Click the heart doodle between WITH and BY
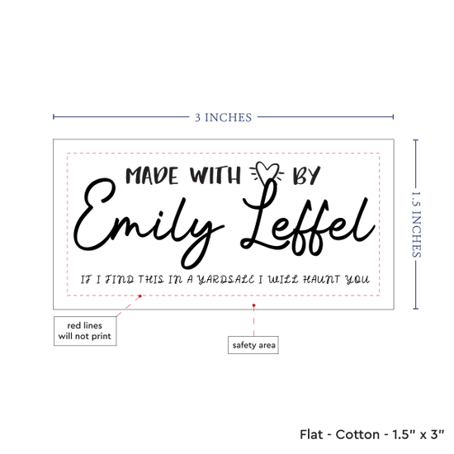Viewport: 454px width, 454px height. click(267, 173)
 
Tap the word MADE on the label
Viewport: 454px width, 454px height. click(152, 176)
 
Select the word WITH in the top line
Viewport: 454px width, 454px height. click(215, 175)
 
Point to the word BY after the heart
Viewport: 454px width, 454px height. click(306, 176)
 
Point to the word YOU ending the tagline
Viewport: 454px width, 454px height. click(357, 279)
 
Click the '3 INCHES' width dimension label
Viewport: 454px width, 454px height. click(223, 117)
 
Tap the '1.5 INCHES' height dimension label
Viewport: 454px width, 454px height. click(416, 225)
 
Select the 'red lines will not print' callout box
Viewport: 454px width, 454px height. click(85, 331)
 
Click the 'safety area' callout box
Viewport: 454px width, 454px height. click(253, 345)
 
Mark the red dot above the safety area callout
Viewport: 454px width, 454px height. click(253, 305)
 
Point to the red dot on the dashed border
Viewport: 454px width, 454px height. click(140, 296)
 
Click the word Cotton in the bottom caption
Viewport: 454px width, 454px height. click(357, 434)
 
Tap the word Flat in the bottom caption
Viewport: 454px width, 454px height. click(311, 434)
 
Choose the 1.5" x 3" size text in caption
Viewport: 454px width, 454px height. click(419, 434)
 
